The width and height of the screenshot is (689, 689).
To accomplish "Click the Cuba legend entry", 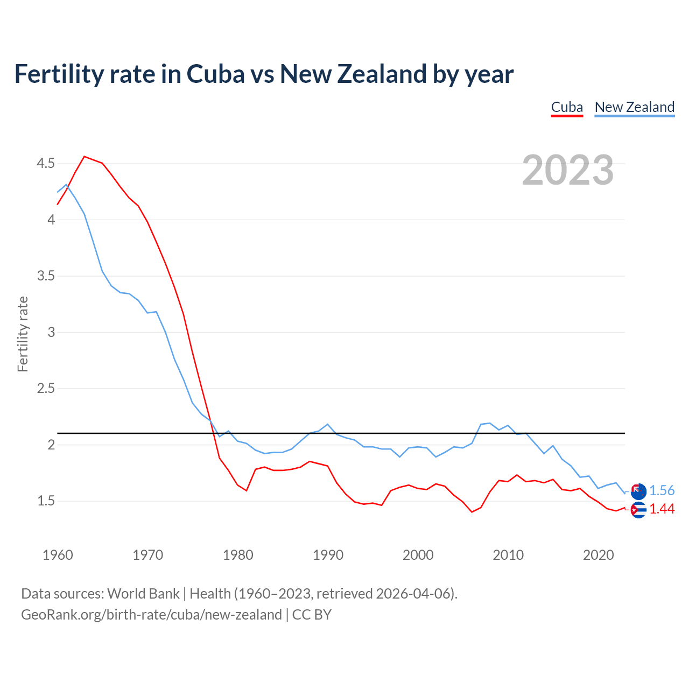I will pyautogui.click(x=567, y=107).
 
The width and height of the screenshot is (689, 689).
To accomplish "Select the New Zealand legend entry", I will pyautogui.click(x=634, y=107).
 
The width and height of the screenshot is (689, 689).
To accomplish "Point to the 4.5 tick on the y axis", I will pyautogui.click(x=46, y=163).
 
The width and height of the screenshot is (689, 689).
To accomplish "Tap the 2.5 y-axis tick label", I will pyautogui.click(x=46, y=389).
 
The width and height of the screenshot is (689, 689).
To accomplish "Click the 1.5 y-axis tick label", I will pyautogui.click(x=46, y=501).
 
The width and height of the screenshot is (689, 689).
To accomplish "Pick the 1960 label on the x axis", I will pyautogui.click(x=58, y=555).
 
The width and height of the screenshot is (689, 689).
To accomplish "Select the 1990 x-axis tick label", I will pyautogui.click(x=328, y=555).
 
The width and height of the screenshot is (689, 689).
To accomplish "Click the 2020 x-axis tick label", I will pyautogui.click(x=598, y=555).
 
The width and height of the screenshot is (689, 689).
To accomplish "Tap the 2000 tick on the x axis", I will pyautogui.click(x=418, y=555).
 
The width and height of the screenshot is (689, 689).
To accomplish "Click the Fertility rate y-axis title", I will pyautogui.click(x=23, y=334).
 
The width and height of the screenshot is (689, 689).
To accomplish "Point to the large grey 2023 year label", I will pyautogui.click(x=568, y=170).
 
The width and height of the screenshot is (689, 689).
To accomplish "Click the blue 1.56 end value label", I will pyautogui.click(x=662, y=490).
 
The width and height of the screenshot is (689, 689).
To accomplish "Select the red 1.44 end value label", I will pyautogui.click(x=662, y=509).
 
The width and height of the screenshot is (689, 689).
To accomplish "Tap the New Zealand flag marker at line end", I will pyautogui.click(x=638, y=490).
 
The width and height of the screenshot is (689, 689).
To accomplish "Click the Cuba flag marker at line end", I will pyautogui.click(x=638, y=510).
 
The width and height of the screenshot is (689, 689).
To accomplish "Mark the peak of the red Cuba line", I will pyautogui.click(x=85, y=157).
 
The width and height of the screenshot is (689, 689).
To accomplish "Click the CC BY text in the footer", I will pyautogui.click(x=312, y=615).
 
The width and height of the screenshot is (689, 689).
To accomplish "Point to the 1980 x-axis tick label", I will pyautogui.click(x=238, y=555).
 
